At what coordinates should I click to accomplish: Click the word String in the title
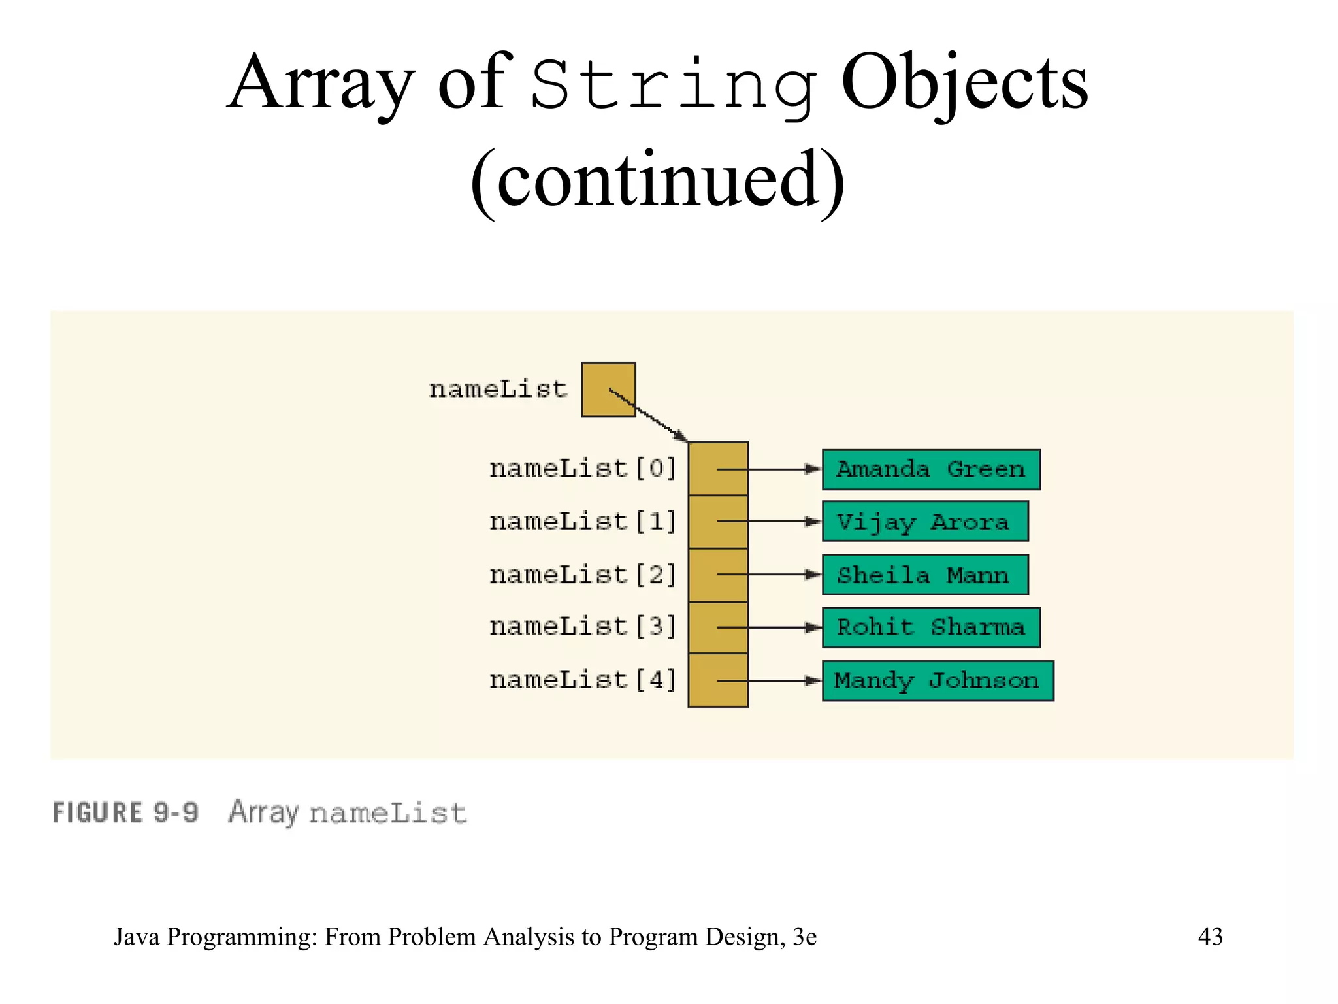click(x=673, y=85)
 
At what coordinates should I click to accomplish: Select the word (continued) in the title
click(x=657, y=180)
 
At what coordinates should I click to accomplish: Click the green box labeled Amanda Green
click(x=930, y=469)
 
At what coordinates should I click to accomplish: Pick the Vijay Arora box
click(x=924, y=522)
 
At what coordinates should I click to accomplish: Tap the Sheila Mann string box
click(x=924, y=575)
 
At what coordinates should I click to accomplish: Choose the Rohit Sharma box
click(x=930, y=627)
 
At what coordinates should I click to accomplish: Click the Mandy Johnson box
click(x=937, y=680)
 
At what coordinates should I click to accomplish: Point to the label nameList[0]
click(x=582, y=469)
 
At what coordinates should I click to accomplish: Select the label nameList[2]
click(x=582, y=575)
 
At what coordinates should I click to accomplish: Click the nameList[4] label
click(x=582, y=680)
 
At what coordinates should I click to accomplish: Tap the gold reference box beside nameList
click(x=608, y=390)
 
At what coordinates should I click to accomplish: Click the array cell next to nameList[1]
click(x=718, y=522)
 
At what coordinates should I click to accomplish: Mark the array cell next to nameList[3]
click(x=718, y=627)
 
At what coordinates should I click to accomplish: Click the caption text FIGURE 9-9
click(x=125, y=812)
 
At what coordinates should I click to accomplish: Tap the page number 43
click(x=1210, y=936)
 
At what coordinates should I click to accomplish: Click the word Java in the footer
click(x=137, y=937)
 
